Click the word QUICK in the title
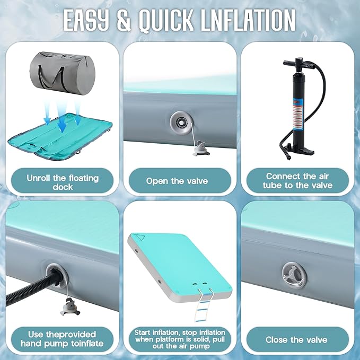(x=166, y=20)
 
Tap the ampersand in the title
(x=124, y=20)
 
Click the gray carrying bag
(x=63, y=74)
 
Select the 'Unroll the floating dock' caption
(x=63, y=182)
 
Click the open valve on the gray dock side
(x=181, y=123)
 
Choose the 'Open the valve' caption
(x=177, y=181)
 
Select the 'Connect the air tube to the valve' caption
(x=297, y=181)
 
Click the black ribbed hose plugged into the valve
(x=32, y=289)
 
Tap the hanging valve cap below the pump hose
(x=69, y=307)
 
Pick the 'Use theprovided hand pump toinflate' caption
(x=62, y=339)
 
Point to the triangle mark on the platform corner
(x=140, y=237)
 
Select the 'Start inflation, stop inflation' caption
(x=180, y=332)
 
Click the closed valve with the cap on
(x=294, y=275)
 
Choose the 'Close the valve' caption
(x=296, y=340)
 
